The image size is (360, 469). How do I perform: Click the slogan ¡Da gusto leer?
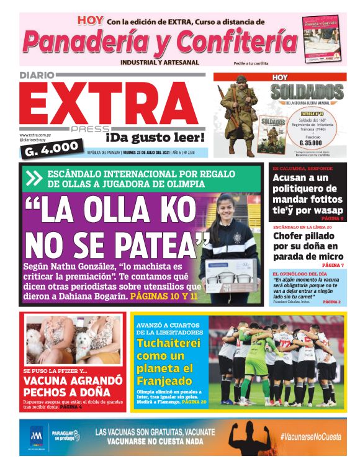click(x=155, y=136)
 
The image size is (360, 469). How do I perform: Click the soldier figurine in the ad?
click(x=239, y=112)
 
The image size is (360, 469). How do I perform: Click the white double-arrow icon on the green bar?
click(x=34, y=179)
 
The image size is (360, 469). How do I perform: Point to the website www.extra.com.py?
click(x=35, y=135)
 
